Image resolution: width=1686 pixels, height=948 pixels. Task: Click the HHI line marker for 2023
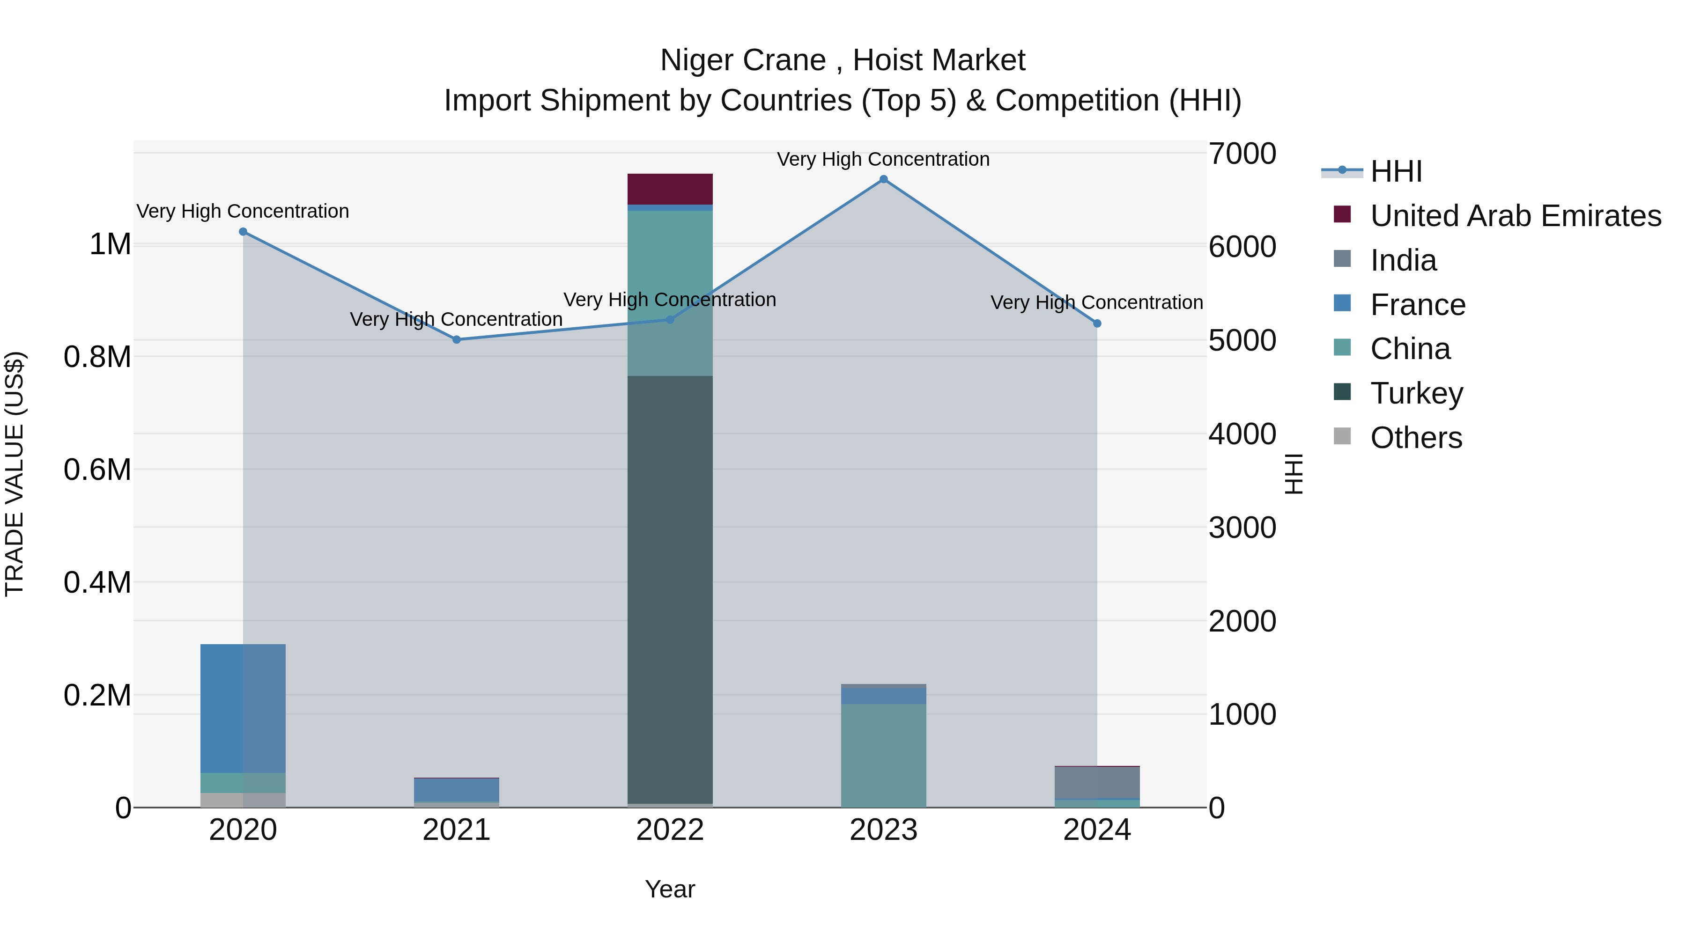pos(884,179)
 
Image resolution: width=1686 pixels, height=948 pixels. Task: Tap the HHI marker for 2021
pos(457,339)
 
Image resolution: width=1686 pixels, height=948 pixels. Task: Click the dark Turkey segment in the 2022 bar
pos(670,589)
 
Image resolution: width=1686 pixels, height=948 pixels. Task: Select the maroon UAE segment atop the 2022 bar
pos(670,189)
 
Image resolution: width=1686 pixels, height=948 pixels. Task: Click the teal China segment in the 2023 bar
pos(884,755)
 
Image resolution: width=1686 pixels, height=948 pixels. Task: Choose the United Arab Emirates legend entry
pos(1515,216)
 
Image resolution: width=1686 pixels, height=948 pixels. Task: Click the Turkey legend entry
pos(1416,393)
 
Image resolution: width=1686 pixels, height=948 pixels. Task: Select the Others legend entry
pos(1416,438)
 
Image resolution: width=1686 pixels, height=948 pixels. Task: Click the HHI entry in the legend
pos(1396,171)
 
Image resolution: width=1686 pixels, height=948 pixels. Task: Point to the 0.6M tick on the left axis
pos(97,470)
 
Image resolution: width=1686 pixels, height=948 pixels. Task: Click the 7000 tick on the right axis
pos(1242,154)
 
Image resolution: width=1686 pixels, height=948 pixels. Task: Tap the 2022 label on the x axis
pos(670,830)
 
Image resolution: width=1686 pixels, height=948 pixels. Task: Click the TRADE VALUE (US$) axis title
pos(15,474)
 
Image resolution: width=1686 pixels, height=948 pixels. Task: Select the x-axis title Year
pos(670,889)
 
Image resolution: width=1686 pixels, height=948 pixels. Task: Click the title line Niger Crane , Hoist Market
pos(843,60)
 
